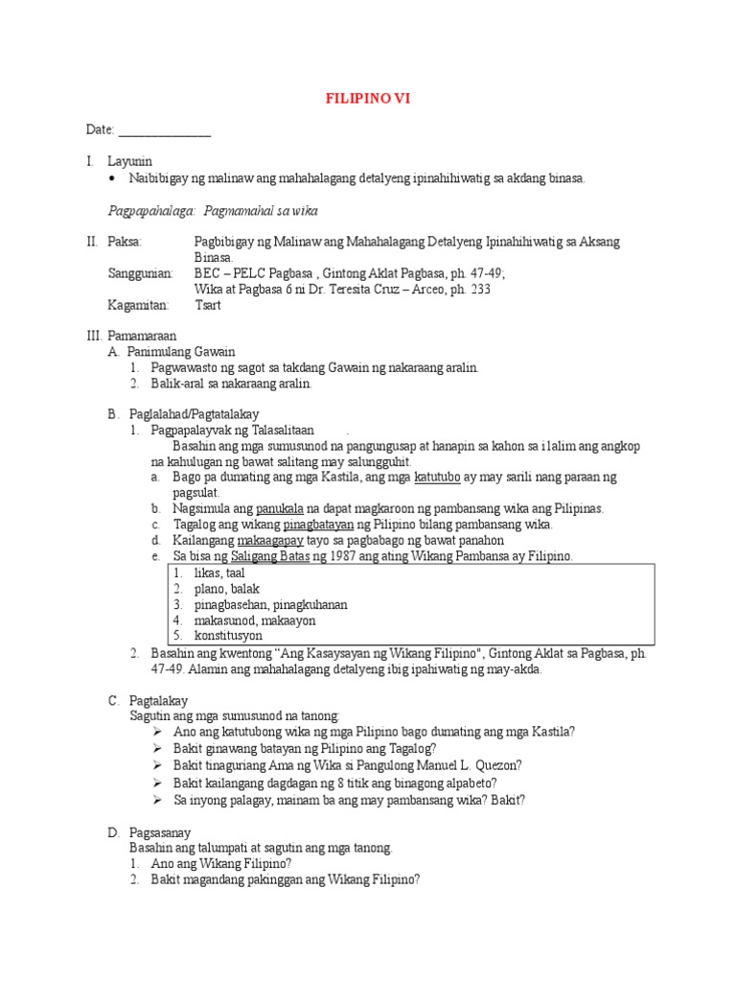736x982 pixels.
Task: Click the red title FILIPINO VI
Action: [x=368, y=98]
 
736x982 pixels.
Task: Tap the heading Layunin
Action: [x=129, y=161]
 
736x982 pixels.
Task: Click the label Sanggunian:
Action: [x=140, y=273]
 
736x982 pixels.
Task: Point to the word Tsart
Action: [x=208, y=305]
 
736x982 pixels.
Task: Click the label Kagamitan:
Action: [x=138, y=305]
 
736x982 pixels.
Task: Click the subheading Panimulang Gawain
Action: [x=181, y=352]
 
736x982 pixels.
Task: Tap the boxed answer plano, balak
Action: [x=226, y=588]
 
